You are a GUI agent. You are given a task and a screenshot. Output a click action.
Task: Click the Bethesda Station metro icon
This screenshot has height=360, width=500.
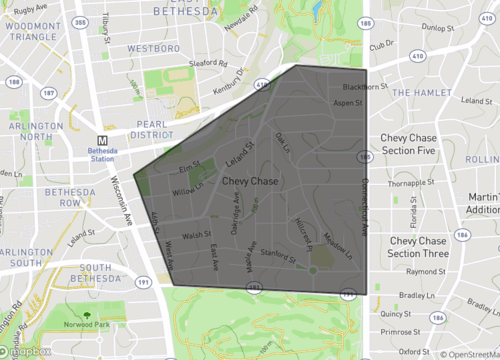point(102,141)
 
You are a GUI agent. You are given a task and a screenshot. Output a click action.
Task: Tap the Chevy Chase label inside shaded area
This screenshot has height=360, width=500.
point(250,181)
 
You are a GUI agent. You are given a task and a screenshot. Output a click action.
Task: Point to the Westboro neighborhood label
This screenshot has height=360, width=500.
point(153,47)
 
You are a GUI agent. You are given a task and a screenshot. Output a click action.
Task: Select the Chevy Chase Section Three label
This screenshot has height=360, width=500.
point(418,247)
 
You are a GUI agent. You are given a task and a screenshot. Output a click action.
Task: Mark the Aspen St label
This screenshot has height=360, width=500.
point(346,102)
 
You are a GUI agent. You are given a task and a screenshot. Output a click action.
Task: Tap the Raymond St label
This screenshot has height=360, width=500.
point(427,271)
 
